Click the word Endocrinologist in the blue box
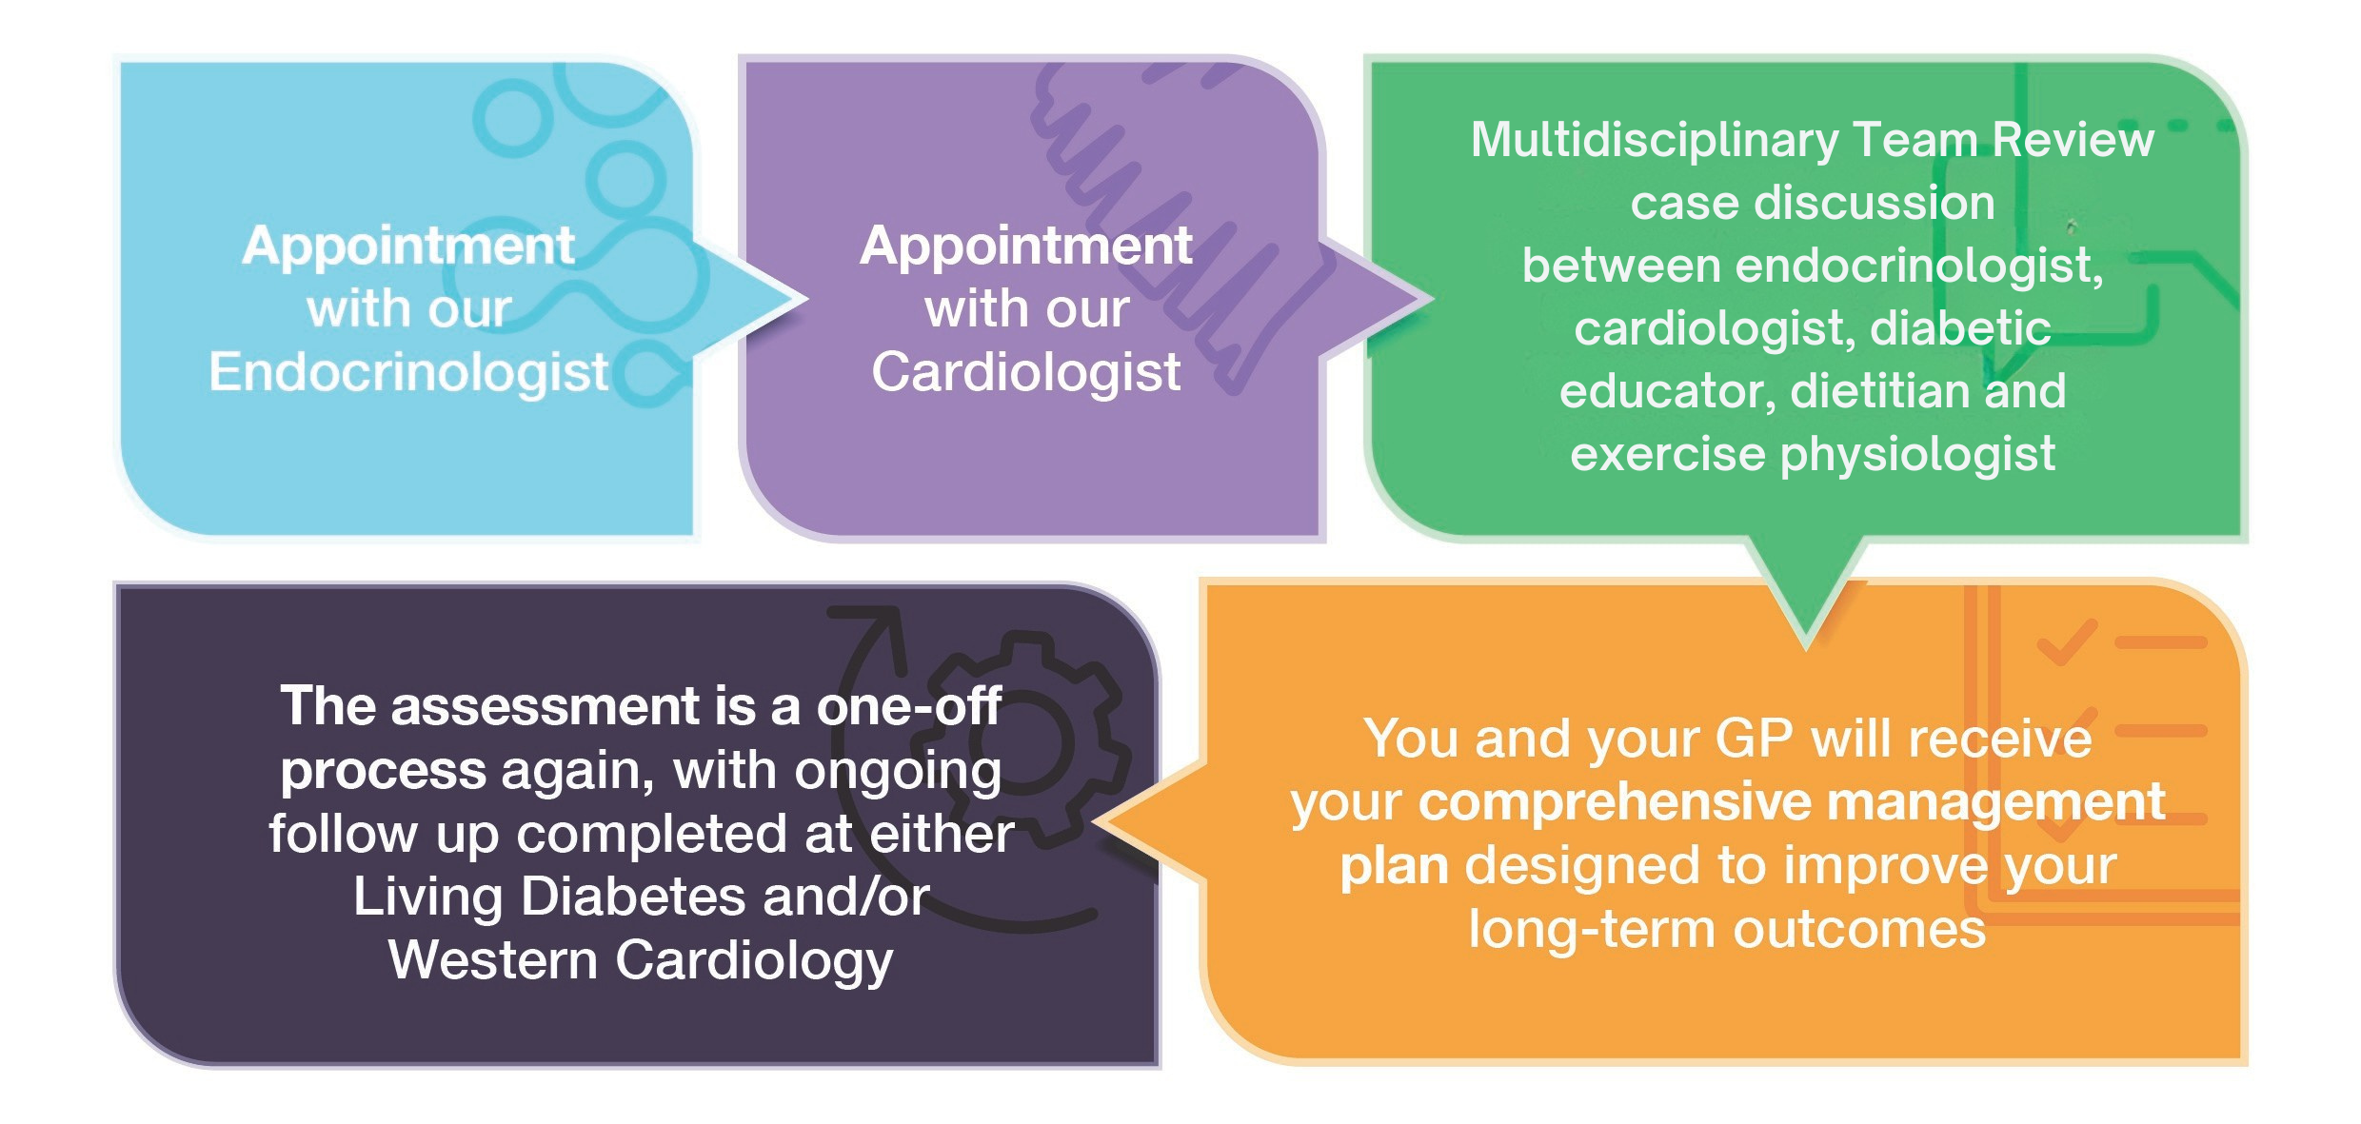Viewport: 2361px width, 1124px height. point(408,372)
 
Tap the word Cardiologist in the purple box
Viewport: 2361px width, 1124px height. point(1025,372)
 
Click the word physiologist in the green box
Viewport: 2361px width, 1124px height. point(1917,455)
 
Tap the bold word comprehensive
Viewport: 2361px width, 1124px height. point(1615,802)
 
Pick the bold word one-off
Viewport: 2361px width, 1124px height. point(908,707)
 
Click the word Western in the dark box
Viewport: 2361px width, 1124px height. point(493,960)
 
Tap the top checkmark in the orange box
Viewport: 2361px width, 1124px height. point(2066,643)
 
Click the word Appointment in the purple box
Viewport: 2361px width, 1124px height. point(1025,246)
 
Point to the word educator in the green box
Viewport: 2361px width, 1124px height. point(1666,391)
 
